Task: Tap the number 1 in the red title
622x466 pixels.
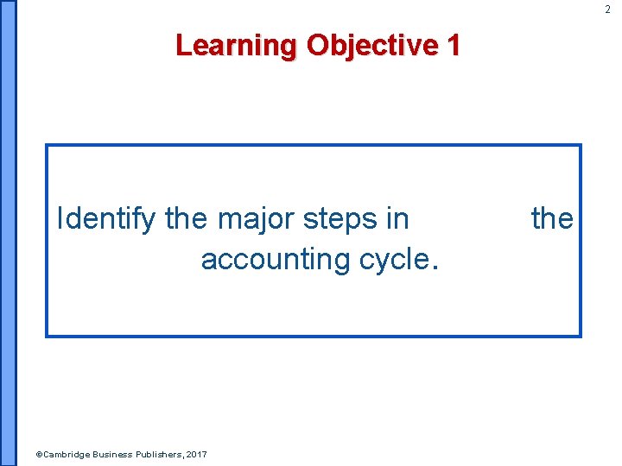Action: tap(452, 44)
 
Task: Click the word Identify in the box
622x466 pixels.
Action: tap(106, 219)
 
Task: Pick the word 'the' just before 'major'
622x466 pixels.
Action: tap(187, 219)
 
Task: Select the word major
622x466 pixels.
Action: tap(256, 219)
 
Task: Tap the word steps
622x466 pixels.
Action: tap(341, 219)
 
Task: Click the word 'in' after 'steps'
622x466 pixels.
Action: tap(397, 219)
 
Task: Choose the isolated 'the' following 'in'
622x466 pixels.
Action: tap(552, 219)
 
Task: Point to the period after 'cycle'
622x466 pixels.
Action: tap(435, 267)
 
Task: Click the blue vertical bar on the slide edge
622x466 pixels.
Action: tap(8, 233)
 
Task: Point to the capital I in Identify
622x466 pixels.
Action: tap(60, 219)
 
